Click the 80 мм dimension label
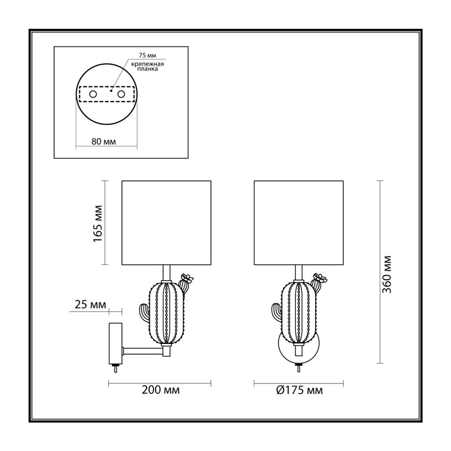tap(104, 142)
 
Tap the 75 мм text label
tap(147, 55)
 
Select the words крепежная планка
tap(148, 67)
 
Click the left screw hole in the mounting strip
tap(93, 94)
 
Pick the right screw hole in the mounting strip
tap(121, 94)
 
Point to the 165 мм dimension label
tap(98, 224)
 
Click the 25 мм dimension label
tap(90, 304)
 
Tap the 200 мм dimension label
tap(161, 390)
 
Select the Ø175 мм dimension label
tap(299, 390)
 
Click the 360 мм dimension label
tap(387, 274)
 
